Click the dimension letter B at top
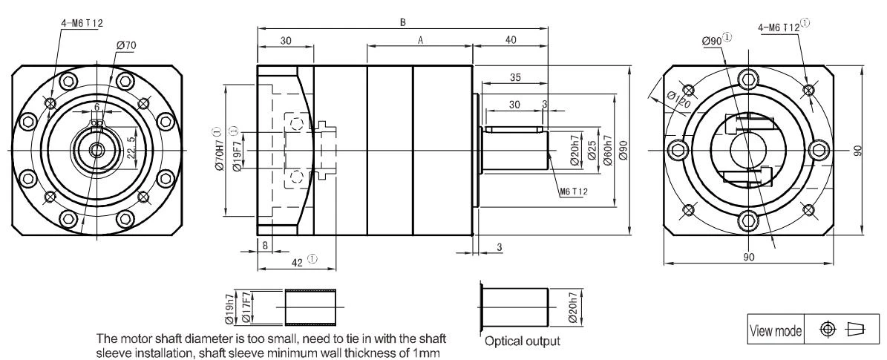[403, 22]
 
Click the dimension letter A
[419, 40]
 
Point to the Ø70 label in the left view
[126, 46]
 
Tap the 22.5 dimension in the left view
[131, 147]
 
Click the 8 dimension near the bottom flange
[265, 244]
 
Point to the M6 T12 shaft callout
[575, 192]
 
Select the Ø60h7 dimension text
[608, 150]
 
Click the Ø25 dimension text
[592, 150]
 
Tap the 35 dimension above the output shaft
[515, 78]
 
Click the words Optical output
[523, 341]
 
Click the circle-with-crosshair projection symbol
[828, 330]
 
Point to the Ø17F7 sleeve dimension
[246, 307]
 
